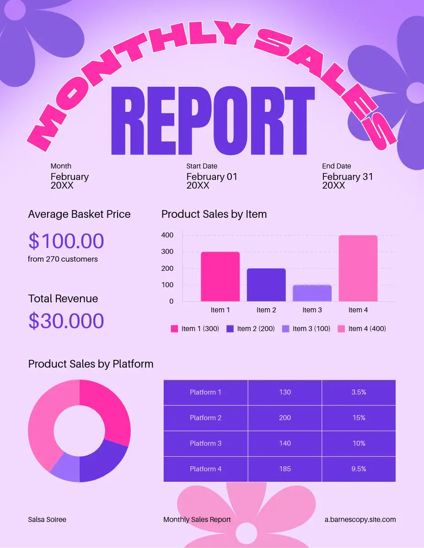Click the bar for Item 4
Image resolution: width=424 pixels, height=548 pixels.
click(358, 268)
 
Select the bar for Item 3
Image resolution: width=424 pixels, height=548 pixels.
click(312, 293)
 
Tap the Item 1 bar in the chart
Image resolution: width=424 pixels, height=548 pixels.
click(220, 276)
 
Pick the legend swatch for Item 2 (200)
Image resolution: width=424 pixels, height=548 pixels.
click(230, 329)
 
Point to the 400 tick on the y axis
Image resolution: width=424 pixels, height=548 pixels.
click(167, 235)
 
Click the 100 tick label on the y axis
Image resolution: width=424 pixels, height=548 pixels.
click(167, 285)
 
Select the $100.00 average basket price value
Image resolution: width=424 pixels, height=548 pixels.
click(66, 241)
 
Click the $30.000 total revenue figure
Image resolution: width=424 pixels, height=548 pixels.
click(66, 321)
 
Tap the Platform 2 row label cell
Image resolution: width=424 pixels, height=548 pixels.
click(205, 418)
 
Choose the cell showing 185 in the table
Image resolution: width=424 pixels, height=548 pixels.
click(285, 469)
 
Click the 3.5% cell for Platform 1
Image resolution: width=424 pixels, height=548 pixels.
click(359, 392)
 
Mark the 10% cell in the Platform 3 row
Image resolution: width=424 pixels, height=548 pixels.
click(359, 443)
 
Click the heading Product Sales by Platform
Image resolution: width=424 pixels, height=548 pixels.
click(91, 364)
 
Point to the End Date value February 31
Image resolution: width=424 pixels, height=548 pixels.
click(348, 177)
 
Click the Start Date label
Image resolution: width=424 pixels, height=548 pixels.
click(202, 166)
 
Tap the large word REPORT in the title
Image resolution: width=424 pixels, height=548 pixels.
click(213, 121)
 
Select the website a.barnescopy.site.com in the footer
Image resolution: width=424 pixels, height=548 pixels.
click(360, 520)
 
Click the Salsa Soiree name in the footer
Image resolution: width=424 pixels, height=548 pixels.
click(47, 520)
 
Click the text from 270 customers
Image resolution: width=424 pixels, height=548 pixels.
click(63, 259)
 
